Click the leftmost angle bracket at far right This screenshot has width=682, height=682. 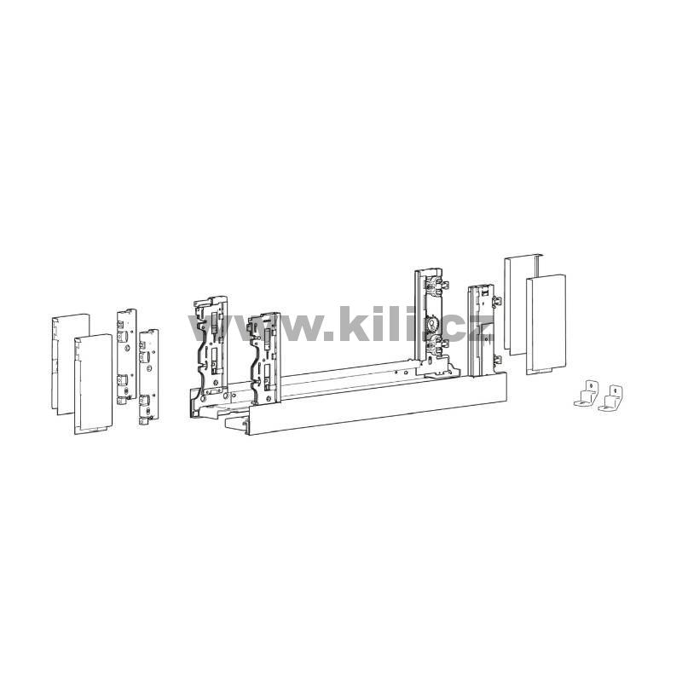585,393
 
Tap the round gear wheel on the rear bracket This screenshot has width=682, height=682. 433,323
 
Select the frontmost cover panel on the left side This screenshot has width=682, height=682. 93,384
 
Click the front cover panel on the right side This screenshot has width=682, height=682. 546,324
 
